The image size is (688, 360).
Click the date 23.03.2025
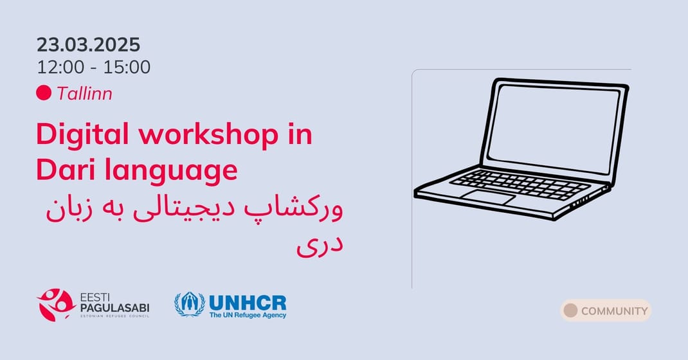coord(88,45)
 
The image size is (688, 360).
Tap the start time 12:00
coord(60,67)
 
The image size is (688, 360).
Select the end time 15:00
coord(127,67)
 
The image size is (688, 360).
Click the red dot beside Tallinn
coord(44,93)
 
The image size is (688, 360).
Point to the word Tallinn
coord(84,93)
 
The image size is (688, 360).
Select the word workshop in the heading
coord(209,134)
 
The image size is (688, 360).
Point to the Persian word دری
coord(320,246)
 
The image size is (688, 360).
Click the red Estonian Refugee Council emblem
coord(56,305)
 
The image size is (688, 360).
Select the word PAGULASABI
coord(114,308)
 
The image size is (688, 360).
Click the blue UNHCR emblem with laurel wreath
coord(190,304)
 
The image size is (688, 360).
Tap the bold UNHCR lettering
coord(248,303)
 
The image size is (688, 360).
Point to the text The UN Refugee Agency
coord(248,315)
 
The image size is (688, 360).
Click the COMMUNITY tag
coord(606,310)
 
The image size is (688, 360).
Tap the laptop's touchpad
coord(489,197)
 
